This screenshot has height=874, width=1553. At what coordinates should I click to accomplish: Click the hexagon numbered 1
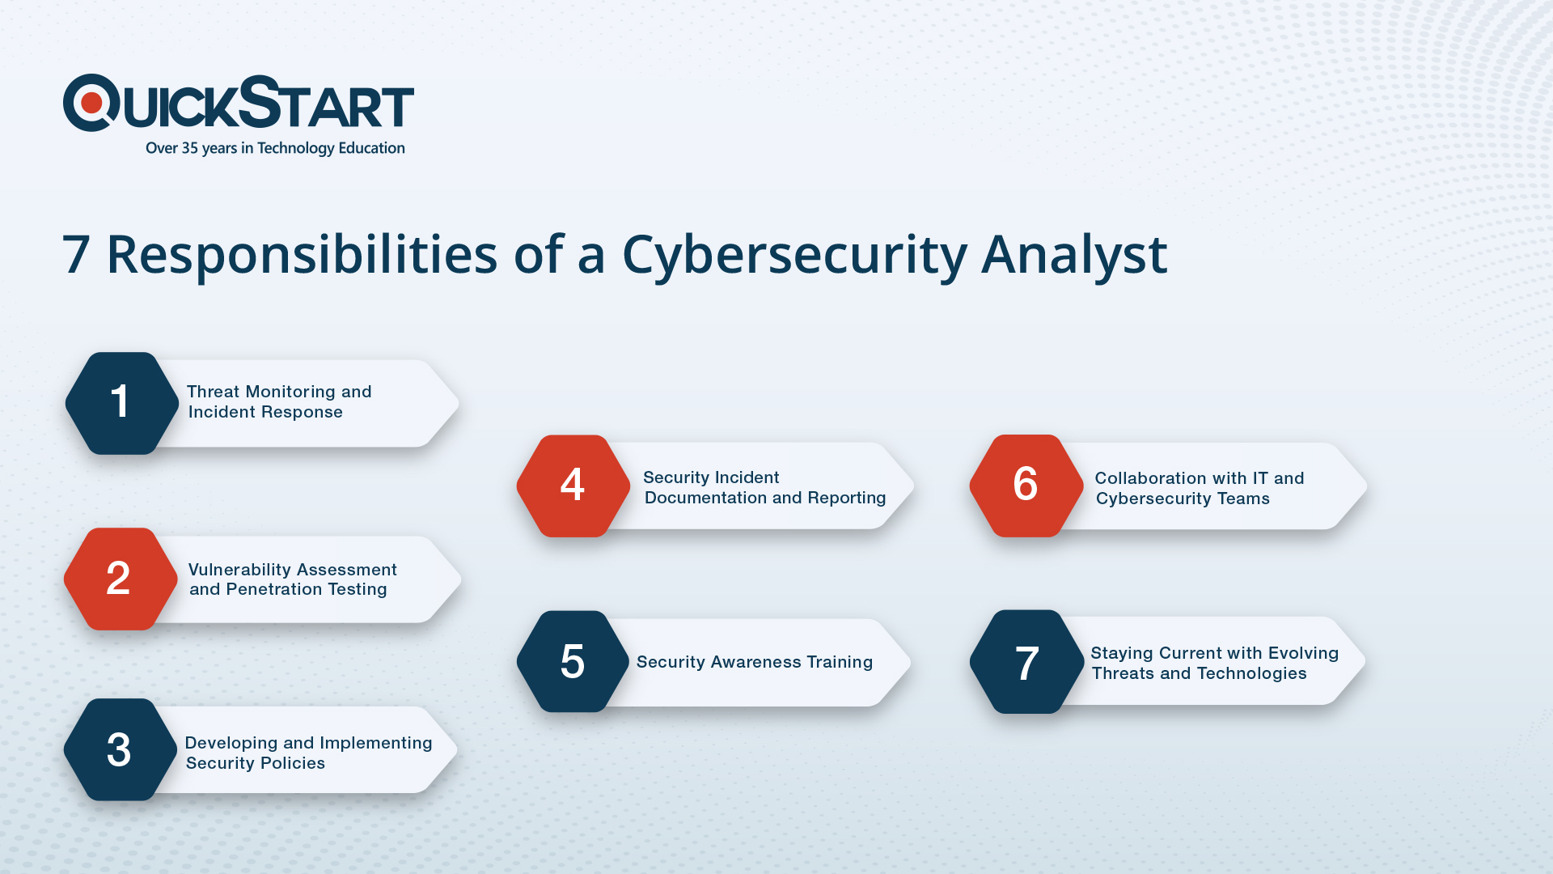click(122, 403)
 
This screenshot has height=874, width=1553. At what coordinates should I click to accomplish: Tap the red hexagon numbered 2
click(121, 579)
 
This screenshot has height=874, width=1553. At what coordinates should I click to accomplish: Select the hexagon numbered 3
click(121, 749)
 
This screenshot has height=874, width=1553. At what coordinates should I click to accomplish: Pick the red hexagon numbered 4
click(573, 486)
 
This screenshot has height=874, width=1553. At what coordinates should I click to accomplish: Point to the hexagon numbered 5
click(573, 661)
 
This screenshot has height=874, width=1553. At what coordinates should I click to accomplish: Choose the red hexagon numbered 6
click(1026, 486)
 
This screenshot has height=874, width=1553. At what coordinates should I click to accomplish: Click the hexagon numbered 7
click(1026, 661)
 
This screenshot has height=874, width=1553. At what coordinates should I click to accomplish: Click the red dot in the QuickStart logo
click(91, 103)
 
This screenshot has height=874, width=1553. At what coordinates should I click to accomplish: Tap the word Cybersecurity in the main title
click(794, 256)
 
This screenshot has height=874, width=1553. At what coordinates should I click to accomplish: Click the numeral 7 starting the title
click(75, 255)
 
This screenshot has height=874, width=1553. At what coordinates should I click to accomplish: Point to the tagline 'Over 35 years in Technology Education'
click(275, 148)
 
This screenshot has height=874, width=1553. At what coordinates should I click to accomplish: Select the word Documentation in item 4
click(705, 498)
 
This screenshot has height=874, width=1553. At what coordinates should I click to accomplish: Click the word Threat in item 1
click(214, 392)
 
